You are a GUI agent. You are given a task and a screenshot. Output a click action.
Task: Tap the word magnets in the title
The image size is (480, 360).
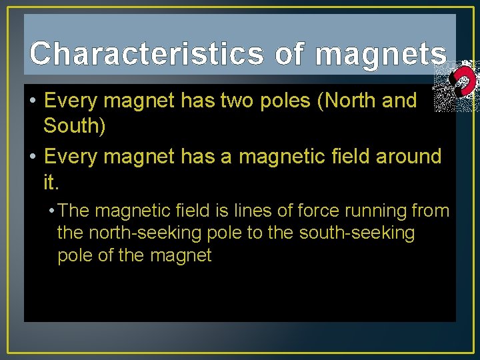(381, 54)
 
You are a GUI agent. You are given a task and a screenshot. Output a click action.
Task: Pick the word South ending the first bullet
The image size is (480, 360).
(74, 125)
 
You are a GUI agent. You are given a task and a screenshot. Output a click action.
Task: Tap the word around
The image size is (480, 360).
(409, 157)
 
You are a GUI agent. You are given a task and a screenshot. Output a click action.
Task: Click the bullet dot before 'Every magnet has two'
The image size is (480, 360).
(32, 101)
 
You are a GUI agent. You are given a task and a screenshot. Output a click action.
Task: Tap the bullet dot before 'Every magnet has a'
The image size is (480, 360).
(32, 157)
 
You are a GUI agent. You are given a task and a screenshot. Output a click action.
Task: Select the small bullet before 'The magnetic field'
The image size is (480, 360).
(52, 212)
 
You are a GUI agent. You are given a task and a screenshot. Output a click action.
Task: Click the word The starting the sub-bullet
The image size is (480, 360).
(73, 211)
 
